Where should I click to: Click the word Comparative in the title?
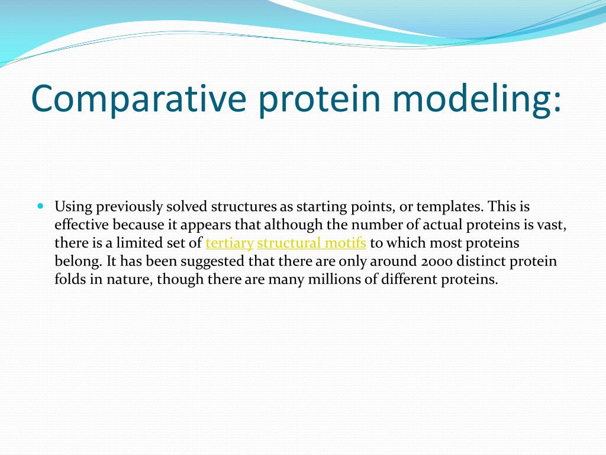click(x=138, y=99)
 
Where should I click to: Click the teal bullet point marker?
click(x=41, y=206)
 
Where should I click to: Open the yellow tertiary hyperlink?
click(x=230, y=243)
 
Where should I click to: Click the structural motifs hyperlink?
click(x=311, y=243)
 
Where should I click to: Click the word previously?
click(x=130, y=207)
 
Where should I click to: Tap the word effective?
click(x=82, y=225)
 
